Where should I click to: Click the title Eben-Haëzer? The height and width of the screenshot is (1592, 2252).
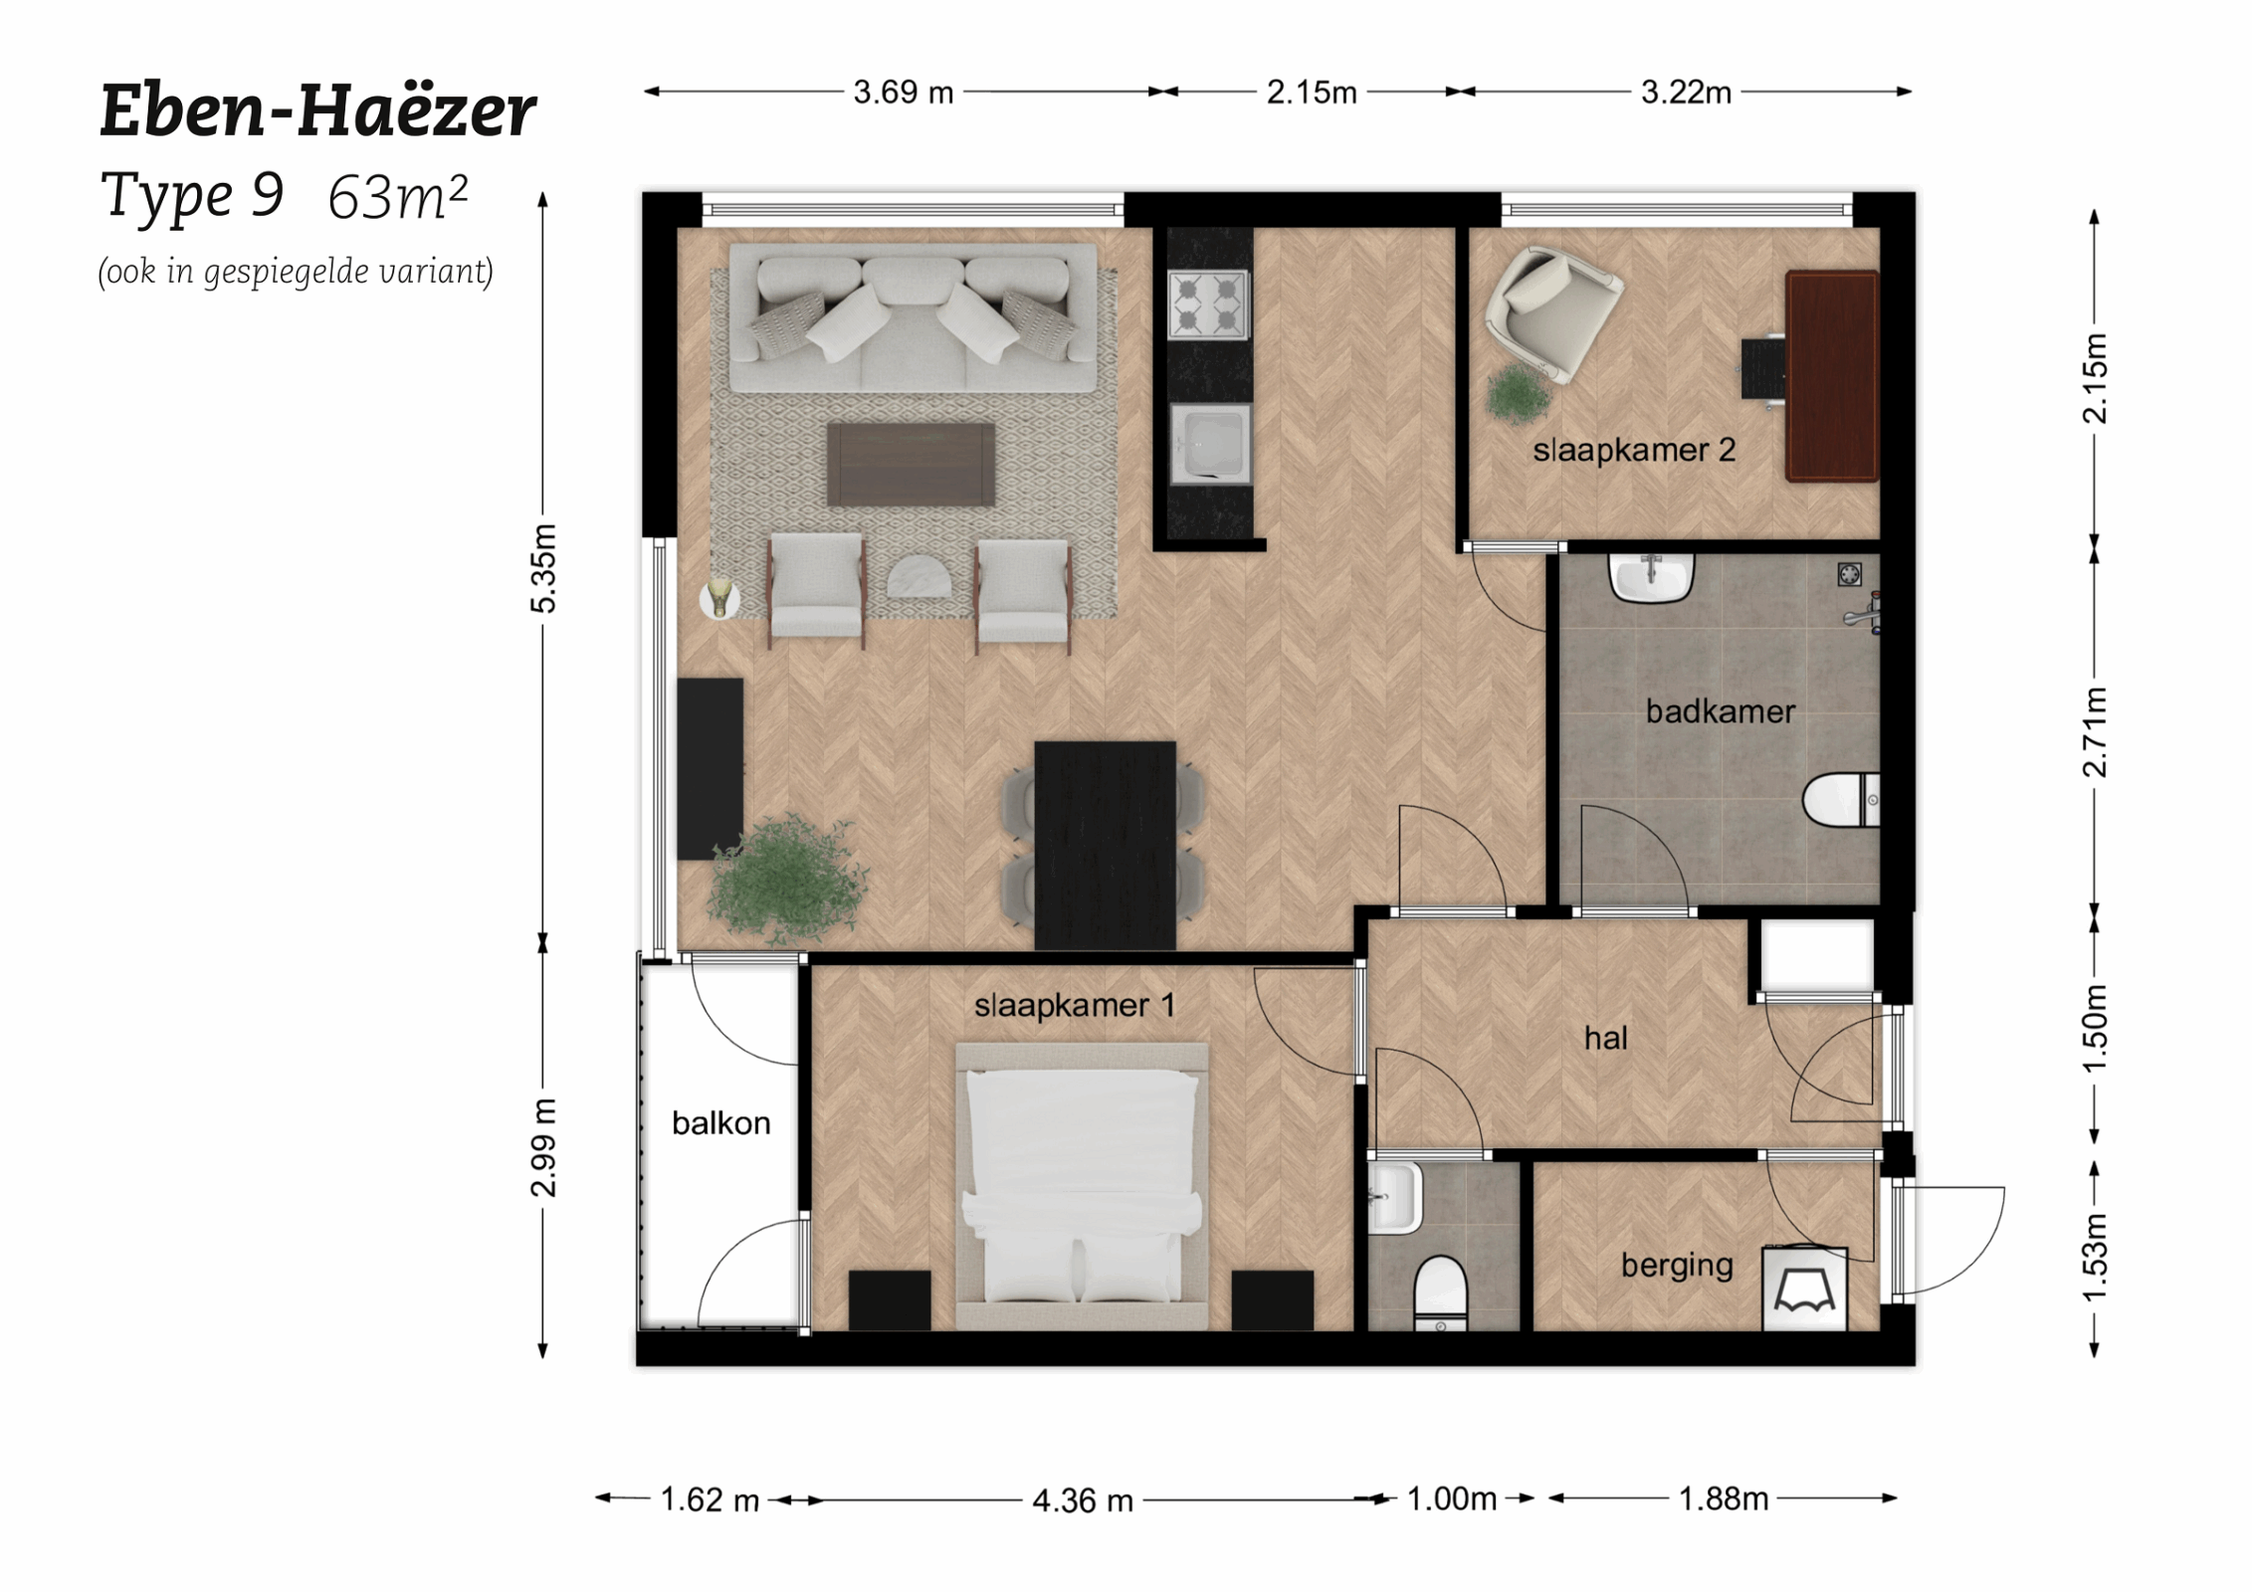(317, 110)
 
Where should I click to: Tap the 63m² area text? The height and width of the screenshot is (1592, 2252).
(397, 197)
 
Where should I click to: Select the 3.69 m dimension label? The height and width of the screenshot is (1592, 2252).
(903, 93)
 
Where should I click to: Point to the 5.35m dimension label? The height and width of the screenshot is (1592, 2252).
(543, 567)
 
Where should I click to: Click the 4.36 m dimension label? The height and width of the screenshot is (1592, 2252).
(1082, 1499)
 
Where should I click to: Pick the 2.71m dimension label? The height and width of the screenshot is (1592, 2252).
(2095, 731)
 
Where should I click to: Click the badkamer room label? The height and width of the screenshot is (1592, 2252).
(1720, 711)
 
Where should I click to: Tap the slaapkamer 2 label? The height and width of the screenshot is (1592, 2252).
(1633, 450)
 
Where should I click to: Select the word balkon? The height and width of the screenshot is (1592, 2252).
(720, 1122)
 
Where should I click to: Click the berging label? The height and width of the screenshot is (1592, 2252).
(1676, 1265)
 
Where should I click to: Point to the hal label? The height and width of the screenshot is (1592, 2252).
(1605, 1038)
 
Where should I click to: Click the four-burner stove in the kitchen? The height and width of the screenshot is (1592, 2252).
(1207, 303)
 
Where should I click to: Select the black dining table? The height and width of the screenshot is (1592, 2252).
(1105, 844)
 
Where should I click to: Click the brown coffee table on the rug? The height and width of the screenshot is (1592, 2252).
(911, 464)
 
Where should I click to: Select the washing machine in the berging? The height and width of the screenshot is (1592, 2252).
(1804, 1290)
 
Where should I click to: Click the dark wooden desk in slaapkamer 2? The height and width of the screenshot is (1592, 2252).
(1831, 375)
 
